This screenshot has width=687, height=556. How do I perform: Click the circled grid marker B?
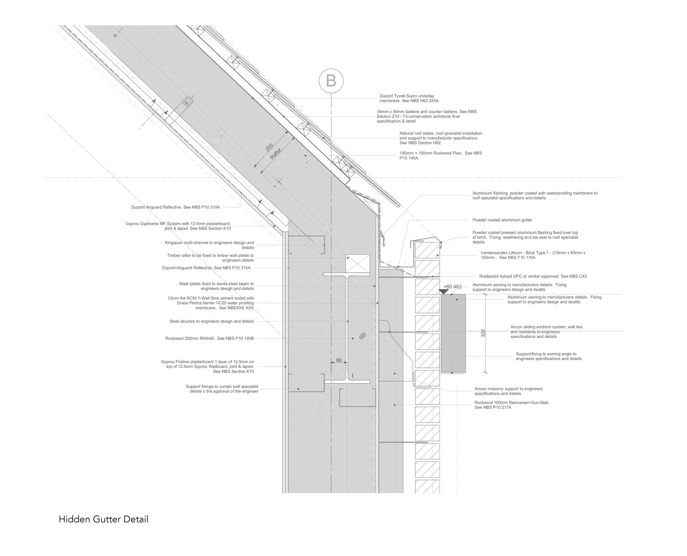tap(331, 81)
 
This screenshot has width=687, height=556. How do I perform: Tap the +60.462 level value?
tap(452, 286)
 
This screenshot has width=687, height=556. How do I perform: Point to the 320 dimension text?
tap(483, 333)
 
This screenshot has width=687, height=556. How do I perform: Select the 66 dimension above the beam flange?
tap(339, 360)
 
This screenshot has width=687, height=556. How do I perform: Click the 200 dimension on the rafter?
tap(269, 147)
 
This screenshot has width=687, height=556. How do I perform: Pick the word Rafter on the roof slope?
tap(275, 153)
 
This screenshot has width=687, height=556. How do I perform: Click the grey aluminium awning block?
tap(453, 333)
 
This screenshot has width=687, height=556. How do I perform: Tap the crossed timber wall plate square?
tap(358, 264)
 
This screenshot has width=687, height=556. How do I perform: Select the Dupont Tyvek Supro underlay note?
tap(409, 98)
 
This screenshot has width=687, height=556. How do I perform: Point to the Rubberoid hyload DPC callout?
tap(533, 276)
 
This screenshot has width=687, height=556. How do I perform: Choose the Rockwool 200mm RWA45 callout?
tap(210, 338)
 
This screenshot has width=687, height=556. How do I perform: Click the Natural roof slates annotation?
tap(440, 138)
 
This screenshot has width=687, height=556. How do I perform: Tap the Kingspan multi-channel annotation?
tap(209, 245)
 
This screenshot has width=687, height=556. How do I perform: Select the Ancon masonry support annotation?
tap(508, 391)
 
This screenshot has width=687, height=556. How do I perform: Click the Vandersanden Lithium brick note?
tap(533, 255)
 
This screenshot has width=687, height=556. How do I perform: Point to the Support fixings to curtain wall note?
tap(222, 389)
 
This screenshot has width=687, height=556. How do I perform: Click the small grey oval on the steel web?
tap(362, 336)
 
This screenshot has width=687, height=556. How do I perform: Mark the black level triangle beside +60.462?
tap(444, 292)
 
